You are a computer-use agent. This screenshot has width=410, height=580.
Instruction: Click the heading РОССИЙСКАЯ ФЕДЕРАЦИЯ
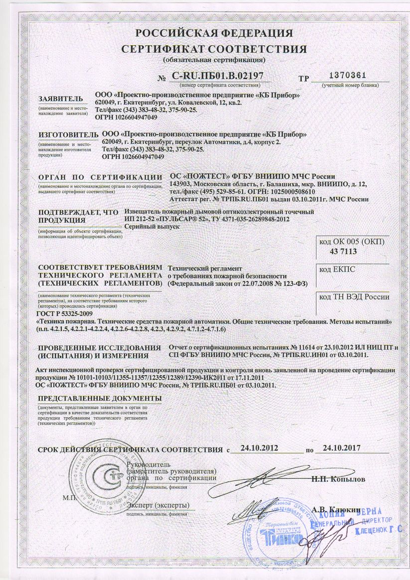pyautogui.click(x=214, y=33)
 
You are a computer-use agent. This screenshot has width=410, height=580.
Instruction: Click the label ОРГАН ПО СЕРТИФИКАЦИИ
pyautogui.click(x=100, y=177)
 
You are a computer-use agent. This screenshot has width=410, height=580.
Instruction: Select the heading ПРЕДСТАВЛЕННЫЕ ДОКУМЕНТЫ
pyautogui.click(x=100, y=399)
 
